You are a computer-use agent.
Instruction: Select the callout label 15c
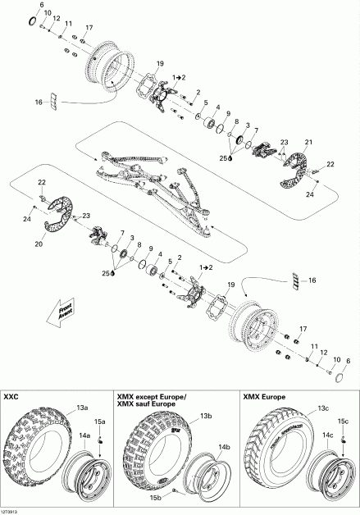point(344,422)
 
